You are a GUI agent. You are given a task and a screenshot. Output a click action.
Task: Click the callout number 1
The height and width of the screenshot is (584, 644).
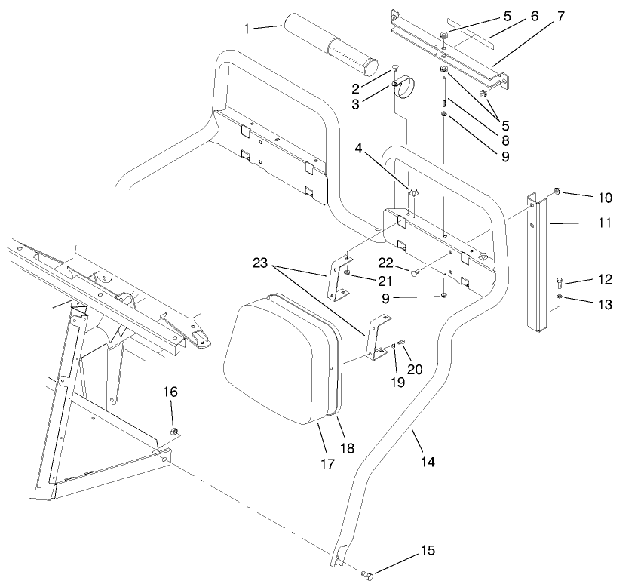(x=247, y=28)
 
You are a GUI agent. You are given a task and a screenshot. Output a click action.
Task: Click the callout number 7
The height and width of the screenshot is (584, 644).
(x=560, y=15)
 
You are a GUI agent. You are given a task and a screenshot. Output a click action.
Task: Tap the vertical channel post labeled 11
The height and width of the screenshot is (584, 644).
(x=537, y=264)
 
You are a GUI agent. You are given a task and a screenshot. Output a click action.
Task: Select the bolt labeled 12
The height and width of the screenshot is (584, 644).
(x=559, y=284)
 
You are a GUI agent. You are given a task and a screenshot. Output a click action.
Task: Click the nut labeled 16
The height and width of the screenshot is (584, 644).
(x=173, y=432)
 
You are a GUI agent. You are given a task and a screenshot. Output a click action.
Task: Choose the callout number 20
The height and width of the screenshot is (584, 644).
(x=415, y=369)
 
